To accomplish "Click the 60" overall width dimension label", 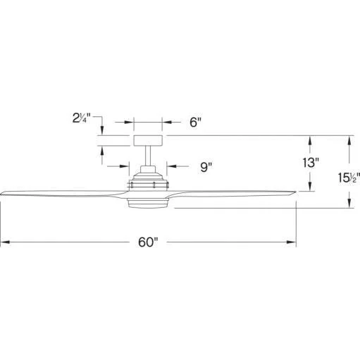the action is [x=148, y=242].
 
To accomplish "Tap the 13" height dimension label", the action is [x=311, y=163].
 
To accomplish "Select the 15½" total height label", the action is [x=349, y=178].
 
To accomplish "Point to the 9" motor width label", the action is [x=206, y=167].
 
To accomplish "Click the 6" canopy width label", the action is [x=196, y=122].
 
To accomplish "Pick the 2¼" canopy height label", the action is [x=82, y=118].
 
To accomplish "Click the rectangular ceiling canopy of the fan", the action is [x=148, y=141].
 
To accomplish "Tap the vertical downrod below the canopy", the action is [x=148, y=156].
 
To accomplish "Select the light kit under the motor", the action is [x=148, y=203].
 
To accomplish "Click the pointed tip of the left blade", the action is [x=1, y=194].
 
